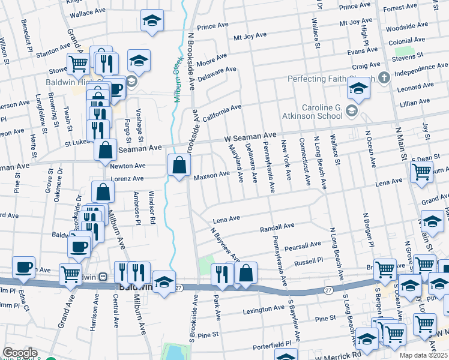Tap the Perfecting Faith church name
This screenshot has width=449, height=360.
pos(333,79)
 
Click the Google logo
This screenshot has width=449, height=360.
pos(20,352)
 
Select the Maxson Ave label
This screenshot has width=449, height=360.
pos(211,175)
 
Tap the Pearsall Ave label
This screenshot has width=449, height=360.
pos(303,245)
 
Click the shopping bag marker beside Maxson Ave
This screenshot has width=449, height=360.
pos(179,165)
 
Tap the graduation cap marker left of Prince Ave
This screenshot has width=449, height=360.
pos(152,22)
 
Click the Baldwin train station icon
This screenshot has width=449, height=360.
pos(103,277)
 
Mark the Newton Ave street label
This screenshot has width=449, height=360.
pos(127,166)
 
